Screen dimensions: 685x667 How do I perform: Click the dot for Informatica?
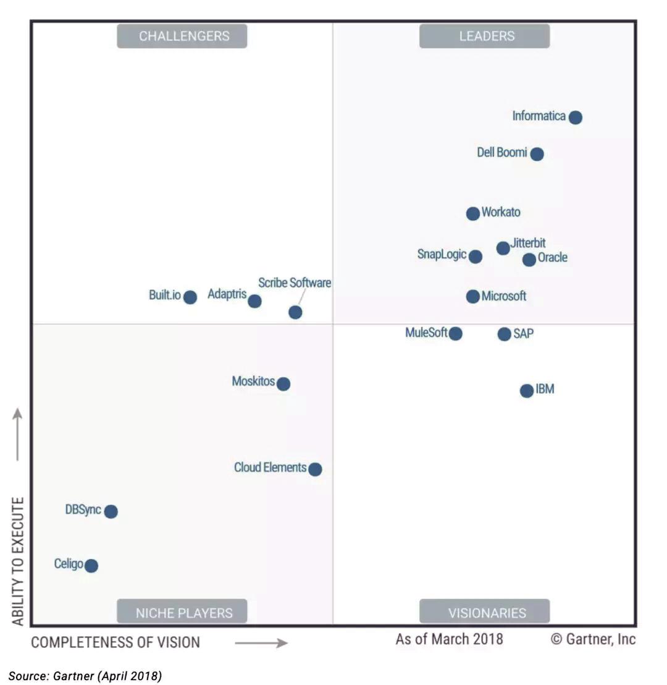point(575,117)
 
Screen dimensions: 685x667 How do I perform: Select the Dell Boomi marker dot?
point(537,154)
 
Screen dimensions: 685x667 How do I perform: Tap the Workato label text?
point(501,212)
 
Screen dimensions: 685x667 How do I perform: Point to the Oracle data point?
point(529,260)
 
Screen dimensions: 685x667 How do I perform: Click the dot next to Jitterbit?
point(503,248)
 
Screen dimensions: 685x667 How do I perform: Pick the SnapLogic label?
point(442,254)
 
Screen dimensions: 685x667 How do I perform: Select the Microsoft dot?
point(472,296)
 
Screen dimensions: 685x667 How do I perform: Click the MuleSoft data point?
point(455,333)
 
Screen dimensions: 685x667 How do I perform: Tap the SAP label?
point(523,334)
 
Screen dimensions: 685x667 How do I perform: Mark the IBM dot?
point(526,391)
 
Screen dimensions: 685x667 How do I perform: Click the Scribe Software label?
point(295,283)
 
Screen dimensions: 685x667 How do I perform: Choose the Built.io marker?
point(190,297)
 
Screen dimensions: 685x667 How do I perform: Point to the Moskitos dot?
point(283,384)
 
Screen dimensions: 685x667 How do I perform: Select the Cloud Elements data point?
point(315,469)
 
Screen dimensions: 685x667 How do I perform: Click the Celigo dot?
point(91,566)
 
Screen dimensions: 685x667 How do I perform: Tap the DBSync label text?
point(83,510)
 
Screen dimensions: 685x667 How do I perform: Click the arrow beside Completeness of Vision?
point(261,643)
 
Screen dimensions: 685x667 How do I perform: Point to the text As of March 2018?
point(449,639)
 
